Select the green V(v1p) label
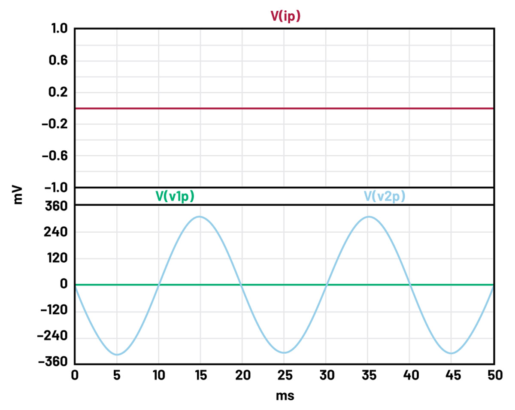coord(175,196)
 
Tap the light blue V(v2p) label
coord(385,196)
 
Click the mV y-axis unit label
coord(18,194)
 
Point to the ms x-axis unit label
coord(285,395)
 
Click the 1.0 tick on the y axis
coord(58,29)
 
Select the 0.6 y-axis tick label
coord(58,61)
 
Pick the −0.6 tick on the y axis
coord(55,156)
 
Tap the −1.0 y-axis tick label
coord(55,188)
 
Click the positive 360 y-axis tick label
coord(56,206)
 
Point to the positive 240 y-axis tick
coord(56,232)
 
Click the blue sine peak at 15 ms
coord(199,216)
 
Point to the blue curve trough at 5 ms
coord(117,355)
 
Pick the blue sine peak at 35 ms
coord(368,216)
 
